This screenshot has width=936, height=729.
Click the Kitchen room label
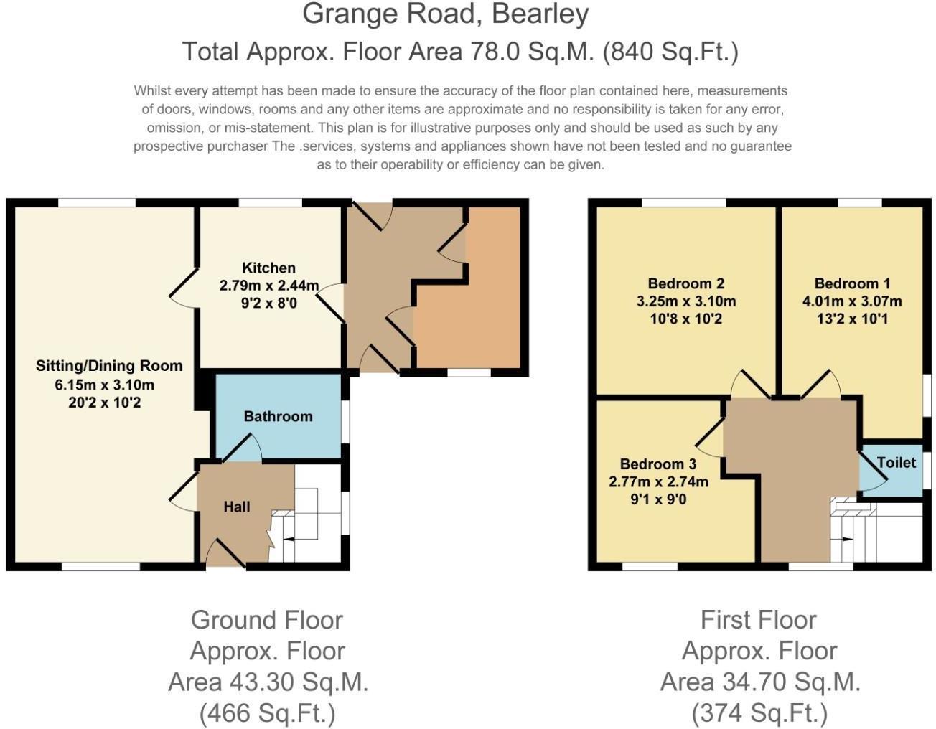(268, 268)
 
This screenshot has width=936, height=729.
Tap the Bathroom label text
(278, 416)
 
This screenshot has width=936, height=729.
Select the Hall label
(236, 507)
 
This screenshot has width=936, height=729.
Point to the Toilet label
(896, 463)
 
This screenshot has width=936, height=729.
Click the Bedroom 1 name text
(851, 283)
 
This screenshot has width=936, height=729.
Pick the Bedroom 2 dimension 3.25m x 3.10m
(685, 301)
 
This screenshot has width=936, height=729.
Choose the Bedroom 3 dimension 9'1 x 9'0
(658, 499)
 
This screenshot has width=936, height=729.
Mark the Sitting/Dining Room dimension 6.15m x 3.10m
(105, 385)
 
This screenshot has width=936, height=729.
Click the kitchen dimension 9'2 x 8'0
(268, 303)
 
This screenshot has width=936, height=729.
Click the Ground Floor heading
(267, 619)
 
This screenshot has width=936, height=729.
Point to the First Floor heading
(759, 619)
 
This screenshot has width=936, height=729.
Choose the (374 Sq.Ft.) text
(759, 713)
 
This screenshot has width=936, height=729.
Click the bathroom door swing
(241, 448)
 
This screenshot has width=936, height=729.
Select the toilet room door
(871, 474)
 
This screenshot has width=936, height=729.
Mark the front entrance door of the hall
(225, 555)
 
